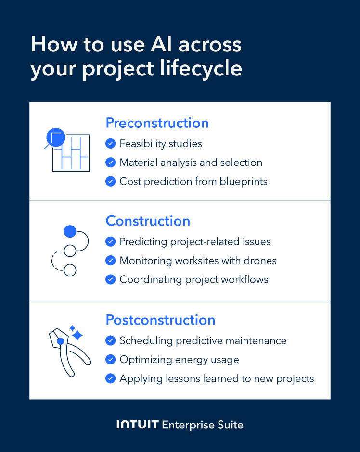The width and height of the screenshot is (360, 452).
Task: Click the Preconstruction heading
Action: (x=157, y=123)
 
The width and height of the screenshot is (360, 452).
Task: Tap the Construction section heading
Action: (x=148, y=221)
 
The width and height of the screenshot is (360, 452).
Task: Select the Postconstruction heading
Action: (x=160, y=320)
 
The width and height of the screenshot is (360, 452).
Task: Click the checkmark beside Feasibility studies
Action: (x=111, y=143)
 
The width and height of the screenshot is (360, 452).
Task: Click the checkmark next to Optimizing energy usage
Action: (x=111, y=359)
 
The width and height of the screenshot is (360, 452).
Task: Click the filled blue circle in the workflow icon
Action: (x=70, y=232)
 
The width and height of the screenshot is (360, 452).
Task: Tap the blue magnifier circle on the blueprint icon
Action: (x=54, y=138)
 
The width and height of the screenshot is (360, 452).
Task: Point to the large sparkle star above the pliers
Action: (x=77, y=335)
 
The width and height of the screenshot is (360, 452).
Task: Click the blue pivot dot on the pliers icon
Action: (x=61, y=341)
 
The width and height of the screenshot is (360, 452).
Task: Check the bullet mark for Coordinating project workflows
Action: (x=111, y=279)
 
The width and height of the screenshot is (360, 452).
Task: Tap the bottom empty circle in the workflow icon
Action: (x=70, y=270)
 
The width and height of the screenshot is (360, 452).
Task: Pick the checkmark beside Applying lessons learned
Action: (x=111, y=378)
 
